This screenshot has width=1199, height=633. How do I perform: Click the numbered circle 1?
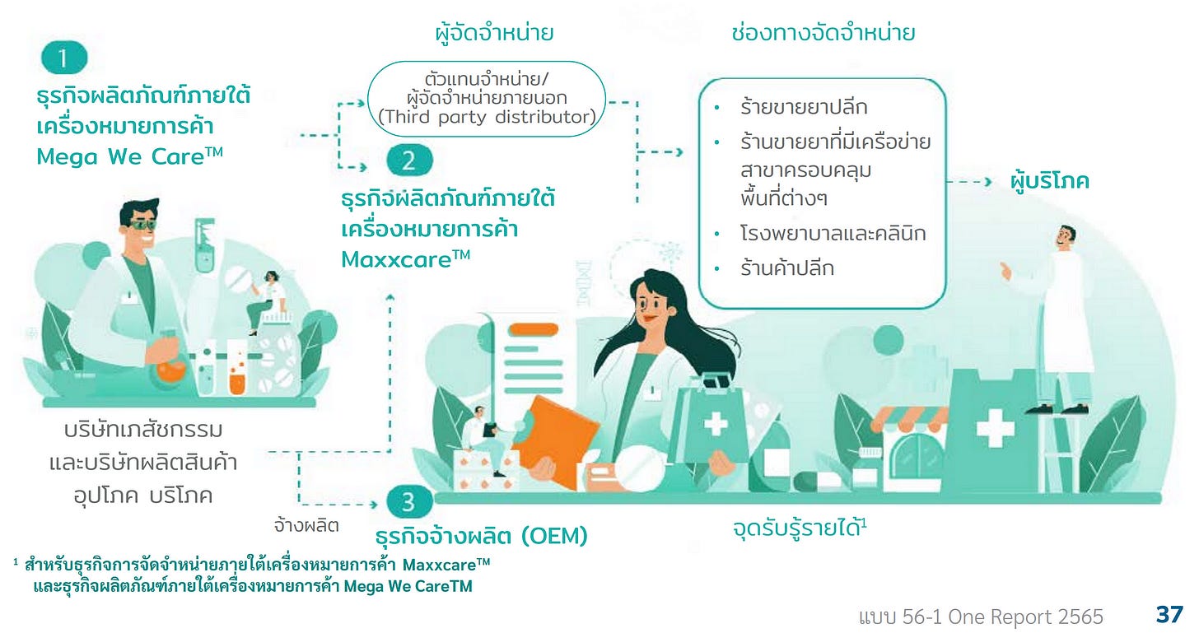click(64, 58)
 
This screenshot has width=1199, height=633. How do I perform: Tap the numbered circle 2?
click(409, 161)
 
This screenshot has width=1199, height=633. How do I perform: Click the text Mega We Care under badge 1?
click(130, 156)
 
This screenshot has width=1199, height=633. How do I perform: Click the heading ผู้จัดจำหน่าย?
click(493, 34)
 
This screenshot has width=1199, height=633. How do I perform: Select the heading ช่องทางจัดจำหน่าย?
click(823, 34)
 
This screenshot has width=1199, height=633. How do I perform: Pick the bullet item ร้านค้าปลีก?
click(786, 268)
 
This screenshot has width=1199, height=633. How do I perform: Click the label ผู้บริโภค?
click(1049, 181)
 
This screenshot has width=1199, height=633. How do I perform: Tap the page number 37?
click(1169, 614)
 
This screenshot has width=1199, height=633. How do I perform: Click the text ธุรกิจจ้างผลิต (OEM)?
click(481, 537)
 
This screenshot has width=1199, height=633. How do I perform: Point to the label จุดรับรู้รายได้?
click(799, 528)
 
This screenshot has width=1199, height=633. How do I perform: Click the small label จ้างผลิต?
click(306, 524)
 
